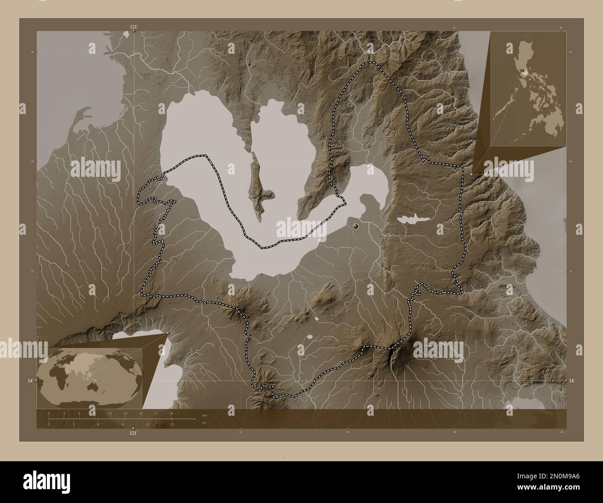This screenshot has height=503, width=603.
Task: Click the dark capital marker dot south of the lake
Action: coord(356,226)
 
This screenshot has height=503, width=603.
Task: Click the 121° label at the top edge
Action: coord(134,26)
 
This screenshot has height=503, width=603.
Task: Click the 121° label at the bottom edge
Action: coord(133,433)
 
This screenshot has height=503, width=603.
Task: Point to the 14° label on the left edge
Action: coord(30,380)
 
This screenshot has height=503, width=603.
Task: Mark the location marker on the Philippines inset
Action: coord(525,71)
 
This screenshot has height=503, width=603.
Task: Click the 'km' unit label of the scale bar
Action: coord(205,415)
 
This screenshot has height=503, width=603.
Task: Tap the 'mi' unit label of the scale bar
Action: coord(205,423)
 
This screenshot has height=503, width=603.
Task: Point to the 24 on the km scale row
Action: coord(172,413)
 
